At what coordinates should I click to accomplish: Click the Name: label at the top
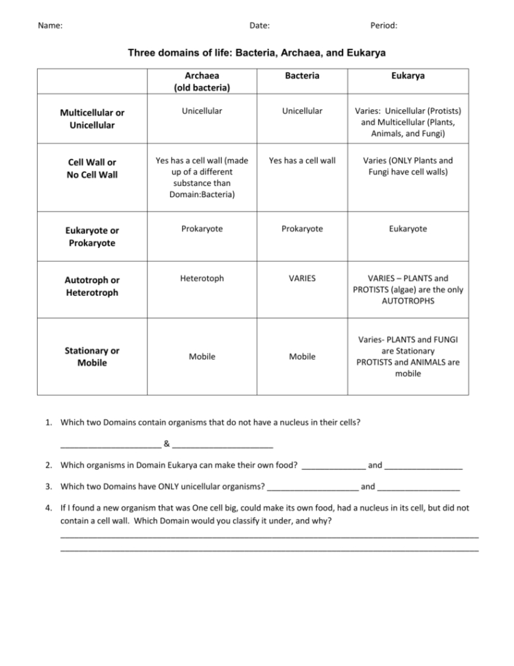click(50, 25)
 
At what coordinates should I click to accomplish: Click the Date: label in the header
click(259, 25)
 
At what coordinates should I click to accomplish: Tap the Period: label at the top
click(384, 25)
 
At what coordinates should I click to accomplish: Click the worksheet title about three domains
click(257, 53)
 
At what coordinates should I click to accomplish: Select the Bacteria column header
click(302, 76)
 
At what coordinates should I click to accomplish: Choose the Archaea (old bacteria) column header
click(202, 82)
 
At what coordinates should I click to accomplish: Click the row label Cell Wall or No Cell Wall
click(91, 169)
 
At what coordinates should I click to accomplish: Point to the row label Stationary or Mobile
click(92, 356)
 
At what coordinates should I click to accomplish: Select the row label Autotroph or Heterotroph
click(92, 286)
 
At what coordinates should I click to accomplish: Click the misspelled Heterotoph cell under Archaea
click(202, 278)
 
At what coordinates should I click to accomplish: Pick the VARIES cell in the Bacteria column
click(302, 278)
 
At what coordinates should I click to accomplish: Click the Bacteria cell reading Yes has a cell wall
click(302, 160)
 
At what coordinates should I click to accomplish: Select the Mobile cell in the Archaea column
click(202, 356)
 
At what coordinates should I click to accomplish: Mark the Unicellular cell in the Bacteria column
click(302, 111)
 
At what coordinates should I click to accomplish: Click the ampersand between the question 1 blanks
click(167, 442)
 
